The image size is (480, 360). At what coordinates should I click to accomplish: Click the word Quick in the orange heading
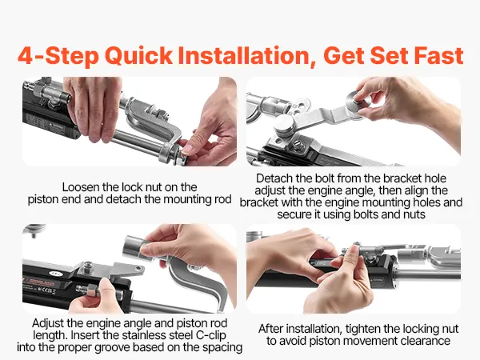click(138, 56)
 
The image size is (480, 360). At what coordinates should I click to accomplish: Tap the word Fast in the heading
click(438, 56)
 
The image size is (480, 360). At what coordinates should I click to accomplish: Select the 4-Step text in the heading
click(58, 56)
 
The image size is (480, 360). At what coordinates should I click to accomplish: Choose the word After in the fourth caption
click(270, 329)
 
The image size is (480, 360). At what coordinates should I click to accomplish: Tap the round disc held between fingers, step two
click(358, 102)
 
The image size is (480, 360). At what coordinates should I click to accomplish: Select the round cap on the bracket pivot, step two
click(284, 125)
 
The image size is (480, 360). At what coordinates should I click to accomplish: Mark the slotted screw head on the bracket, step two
click(298, 145)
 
